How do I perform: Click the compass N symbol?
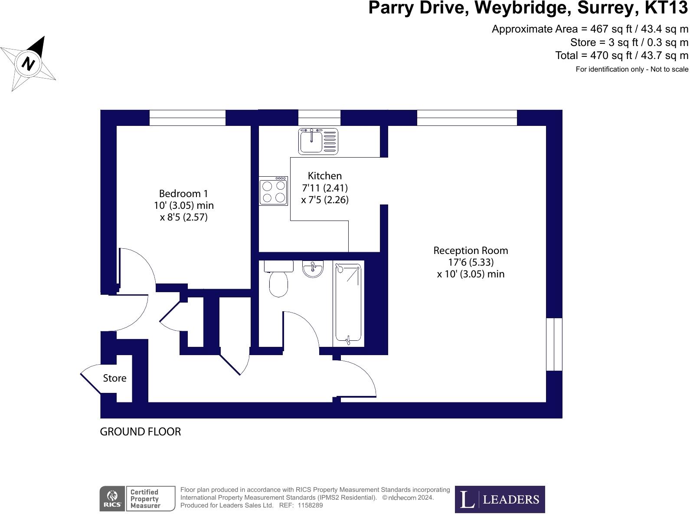coord(29,63)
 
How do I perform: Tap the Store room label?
coord(114,378)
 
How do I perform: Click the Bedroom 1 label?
coord(183,194)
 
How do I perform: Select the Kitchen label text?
coord(324,176)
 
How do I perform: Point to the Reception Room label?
coord(471,250)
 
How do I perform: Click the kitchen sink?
coord(318,141)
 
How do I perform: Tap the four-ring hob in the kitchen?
coord(274,191)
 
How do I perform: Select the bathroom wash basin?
coord(313,269)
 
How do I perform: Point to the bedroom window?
coord(187,118)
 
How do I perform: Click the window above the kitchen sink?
coord(319,118)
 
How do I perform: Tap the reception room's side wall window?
coord(554,344)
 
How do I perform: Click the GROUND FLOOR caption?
coord(140,432)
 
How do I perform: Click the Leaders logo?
coord(500,499)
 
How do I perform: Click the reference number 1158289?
coord(310,505)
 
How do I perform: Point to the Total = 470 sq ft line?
coord(621,56)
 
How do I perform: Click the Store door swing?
coord(91,378)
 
